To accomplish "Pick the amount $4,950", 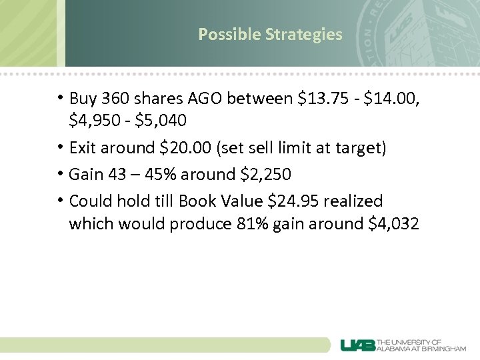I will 93,121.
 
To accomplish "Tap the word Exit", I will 83,147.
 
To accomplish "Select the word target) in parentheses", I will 361,147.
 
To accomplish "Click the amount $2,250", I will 267,175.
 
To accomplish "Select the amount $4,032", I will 393,224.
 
